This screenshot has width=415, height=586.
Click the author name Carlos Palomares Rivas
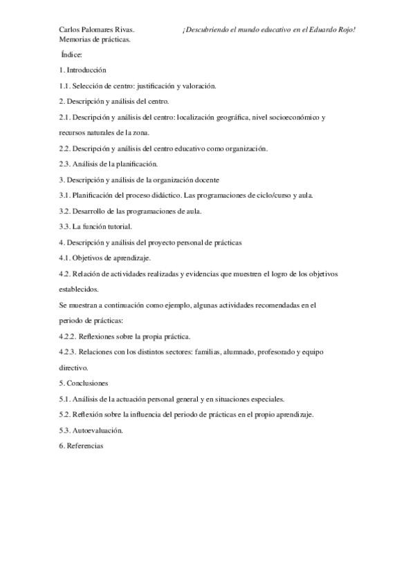(97, 30)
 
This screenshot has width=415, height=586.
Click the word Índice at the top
(72, 55)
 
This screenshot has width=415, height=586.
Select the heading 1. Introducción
(83, 70)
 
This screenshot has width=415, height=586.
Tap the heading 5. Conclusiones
(84, 383)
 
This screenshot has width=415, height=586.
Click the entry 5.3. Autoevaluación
(91, 430)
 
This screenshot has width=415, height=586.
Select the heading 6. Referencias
(82, 446)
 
